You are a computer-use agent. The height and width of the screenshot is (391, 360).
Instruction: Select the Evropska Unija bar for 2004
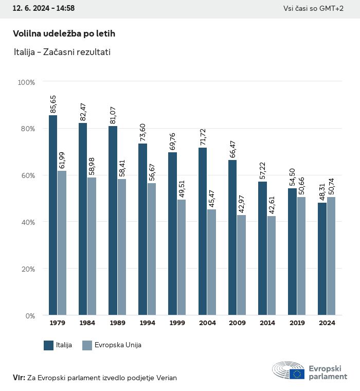(x=212, y=262)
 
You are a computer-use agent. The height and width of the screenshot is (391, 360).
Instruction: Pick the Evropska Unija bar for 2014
(x=272, y=265)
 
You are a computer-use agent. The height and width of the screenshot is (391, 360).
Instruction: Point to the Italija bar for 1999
(x=172, y=234)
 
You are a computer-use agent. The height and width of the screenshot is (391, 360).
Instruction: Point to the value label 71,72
(x=203, y=136)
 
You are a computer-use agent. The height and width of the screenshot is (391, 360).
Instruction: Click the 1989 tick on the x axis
(x=117, y=323)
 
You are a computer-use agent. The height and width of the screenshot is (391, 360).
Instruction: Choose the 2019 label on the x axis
(x=297, y=323)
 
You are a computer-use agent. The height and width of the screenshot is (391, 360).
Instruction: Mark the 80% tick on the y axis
(x=26, y=129)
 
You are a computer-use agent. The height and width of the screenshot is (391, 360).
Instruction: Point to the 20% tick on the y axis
(x=26, y=269)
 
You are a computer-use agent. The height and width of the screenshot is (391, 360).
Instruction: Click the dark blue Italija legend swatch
(x=49, y=345)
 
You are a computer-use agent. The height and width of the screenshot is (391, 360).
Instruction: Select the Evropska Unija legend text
(x=118, y=345)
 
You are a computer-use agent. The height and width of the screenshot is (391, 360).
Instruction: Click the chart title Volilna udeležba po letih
(x=64, y=33)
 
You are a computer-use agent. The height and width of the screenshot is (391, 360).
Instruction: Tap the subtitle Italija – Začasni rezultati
(x=62, y=52)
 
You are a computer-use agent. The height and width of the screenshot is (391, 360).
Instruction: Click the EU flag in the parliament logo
(x=297, y=373)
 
